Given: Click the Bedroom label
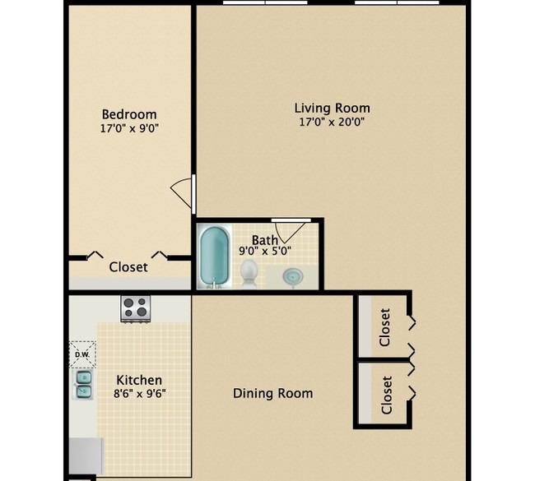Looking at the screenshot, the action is pyautogui.click(x=129, y=114).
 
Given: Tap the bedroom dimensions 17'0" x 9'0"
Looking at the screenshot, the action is pyautogui.click(x=129, y=128).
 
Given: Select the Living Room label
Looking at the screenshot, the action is pyautogui.click(x=332, y=108).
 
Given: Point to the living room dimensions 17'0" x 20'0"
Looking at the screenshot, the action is pyautogui.click(x=332, y=122).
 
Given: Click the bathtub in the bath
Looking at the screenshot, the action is pyautogui.click(x=214, y=256).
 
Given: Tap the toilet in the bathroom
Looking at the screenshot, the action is pyautogui.click(x=249, y=272).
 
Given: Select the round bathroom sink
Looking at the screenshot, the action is pyautogui.click(x=293, y=276).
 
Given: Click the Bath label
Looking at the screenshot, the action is pyautogui.click(x=265, y=240).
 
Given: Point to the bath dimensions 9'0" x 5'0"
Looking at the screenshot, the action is pyautogui.click(x=265, y=252).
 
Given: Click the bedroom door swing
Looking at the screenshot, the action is pyautogui.click(x=182, y=192).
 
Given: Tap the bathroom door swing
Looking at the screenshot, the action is pyautogui.click(x=290, y=232).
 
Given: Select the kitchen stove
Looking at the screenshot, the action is pyautogui.click(x=136, y=308).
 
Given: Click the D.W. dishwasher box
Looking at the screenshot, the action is pyautogui.click(x=82, y=354).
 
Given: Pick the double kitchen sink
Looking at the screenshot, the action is pyautogui.click(x=84, y=385).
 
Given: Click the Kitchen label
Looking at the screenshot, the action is pyautogui.click(x=139, y=380).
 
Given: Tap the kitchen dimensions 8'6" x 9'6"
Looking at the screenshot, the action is pyautogui.click(x=140, y=394).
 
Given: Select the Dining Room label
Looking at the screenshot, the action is pyautogui.click(x=273, y=393).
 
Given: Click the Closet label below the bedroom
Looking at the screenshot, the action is pyautogui.click(x=128, y=267).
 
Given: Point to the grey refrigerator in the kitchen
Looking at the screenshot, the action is pyautogui.click(x=86, y=456).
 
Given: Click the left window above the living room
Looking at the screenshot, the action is pyautogui.click(x=265, y=2).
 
